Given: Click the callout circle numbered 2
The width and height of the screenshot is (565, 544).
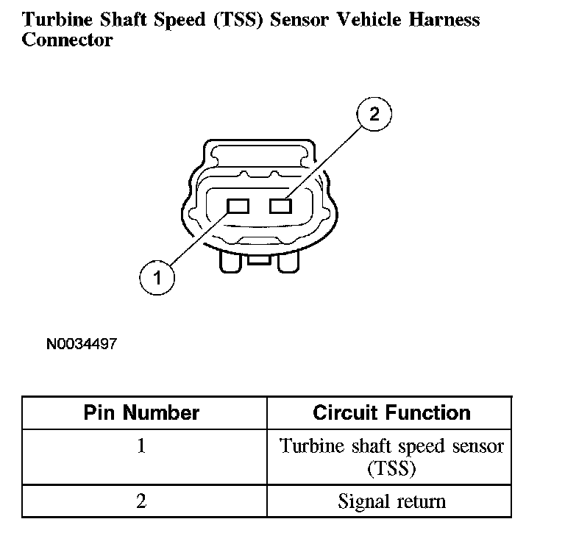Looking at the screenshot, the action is [x=374, y=115].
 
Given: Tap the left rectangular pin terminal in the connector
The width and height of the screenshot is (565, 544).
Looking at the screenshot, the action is [x=238, y=206].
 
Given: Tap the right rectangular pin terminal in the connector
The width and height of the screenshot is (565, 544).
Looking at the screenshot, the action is [x=281, y=206].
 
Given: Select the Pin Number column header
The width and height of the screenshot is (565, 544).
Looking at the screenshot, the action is [x=141, y=412].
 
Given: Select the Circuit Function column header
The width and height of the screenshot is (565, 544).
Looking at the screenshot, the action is [x=391, y=412].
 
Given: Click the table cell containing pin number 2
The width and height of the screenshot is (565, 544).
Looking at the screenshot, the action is [x=141, y=501].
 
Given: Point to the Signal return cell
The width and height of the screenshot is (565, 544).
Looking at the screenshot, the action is [x=391, y=501].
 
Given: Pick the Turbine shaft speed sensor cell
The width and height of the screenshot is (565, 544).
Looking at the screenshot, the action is [x=391, y=456].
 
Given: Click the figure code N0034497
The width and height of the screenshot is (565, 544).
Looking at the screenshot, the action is [x=81, y=343].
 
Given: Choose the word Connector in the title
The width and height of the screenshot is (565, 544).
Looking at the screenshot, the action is [x=67, y=40].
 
